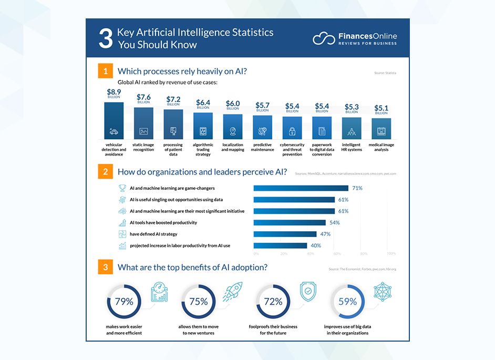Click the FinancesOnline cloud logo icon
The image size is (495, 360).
click(324, 38)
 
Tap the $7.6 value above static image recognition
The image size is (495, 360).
click(143, 97)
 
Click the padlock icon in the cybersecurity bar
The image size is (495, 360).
click(292, 131)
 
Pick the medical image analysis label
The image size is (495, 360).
click(381, 147)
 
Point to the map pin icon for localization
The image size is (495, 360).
click(233, 131)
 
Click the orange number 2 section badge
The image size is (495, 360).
click(106, 171)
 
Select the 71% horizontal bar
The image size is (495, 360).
click(301, 188)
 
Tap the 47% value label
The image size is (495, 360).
click(325, 234)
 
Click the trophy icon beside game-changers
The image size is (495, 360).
click(122, 188)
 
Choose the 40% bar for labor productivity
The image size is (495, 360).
click(280, 245)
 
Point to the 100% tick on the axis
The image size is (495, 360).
click(391, 253)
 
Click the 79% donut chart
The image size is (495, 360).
click(125, 302)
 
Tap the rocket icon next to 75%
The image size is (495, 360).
click(233, 292)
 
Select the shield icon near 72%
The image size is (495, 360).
click(307, 292)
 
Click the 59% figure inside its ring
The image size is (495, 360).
click(347, 302)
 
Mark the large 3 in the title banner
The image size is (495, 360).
click(105, 39)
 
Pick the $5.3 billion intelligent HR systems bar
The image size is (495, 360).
click(352, 128)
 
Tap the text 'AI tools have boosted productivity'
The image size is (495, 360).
click(163, 222)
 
